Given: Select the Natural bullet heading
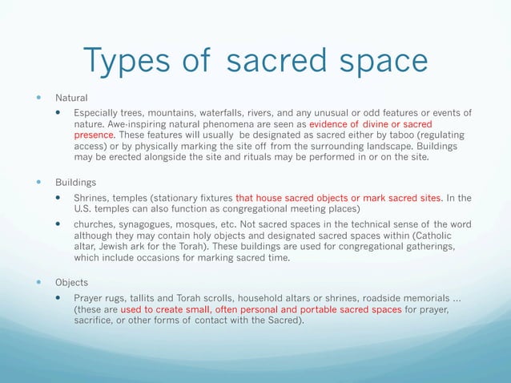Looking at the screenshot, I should point(71,97).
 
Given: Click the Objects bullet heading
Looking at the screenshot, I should point(72,283).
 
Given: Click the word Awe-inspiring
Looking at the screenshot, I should point(132,124).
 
